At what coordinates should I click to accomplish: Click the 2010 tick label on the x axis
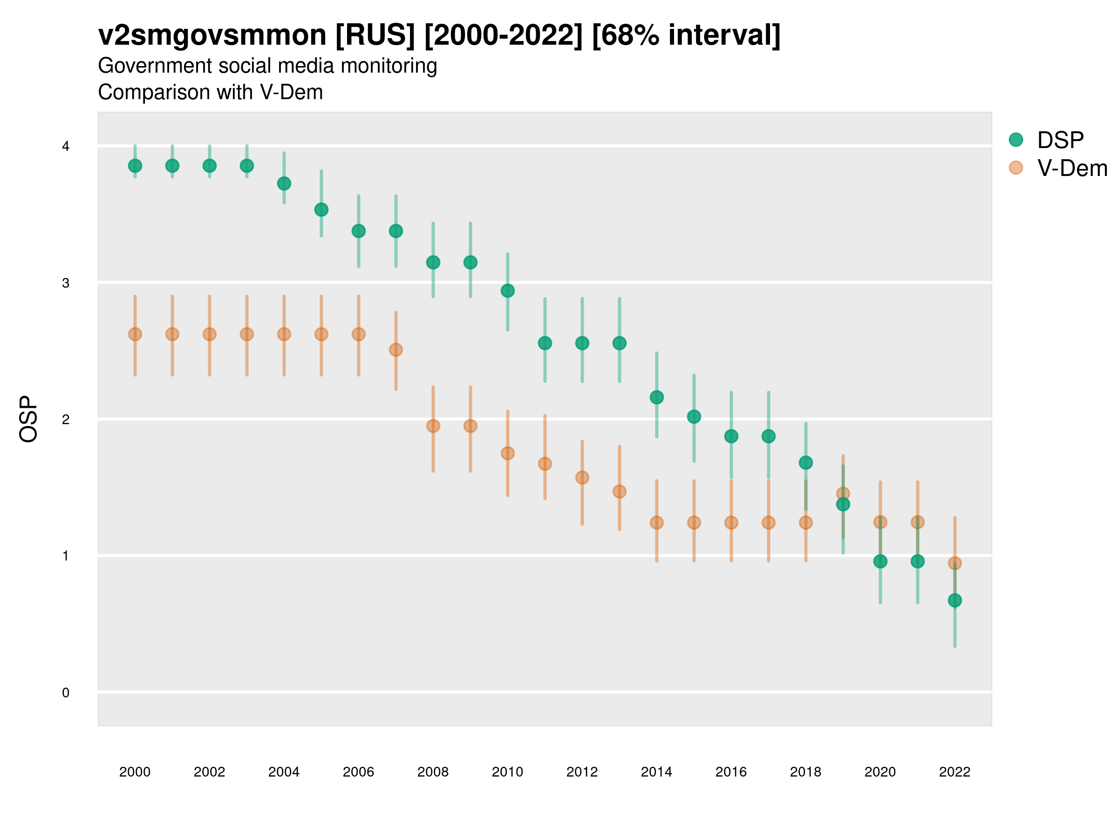[507, 772]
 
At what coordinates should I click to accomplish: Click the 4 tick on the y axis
[66, 147]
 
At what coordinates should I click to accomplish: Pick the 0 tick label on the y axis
[66, 693]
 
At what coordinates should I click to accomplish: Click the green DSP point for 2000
[135, 166]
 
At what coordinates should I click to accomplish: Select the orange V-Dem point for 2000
[135, 334]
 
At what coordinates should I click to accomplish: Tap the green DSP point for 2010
[507, 291]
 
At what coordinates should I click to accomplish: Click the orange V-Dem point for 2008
[433, 426]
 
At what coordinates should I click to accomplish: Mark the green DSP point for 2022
[955, 601]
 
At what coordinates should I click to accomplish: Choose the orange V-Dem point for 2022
[955, 563]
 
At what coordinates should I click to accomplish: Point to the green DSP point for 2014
[656, 398]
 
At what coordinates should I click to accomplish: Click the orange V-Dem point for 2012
[582, 478]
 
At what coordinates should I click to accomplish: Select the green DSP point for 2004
[284, 183]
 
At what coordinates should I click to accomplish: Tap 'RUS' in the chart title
[375, 35]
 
